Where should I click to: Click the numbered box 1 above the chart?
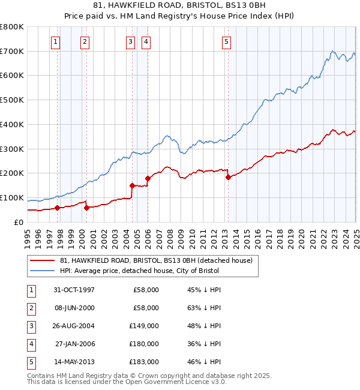click(x=55, y=41)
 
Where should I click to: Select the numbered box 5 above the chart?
click(x=226, y=41)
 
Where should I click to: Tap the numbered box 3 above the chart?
click(x=130, y=41)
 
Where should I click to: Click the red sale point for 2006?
click(x=148, y=178)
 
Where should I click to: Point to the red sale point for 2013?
click(x=227, y=177)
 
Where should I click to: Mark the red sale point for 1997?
click(x=58, y=208)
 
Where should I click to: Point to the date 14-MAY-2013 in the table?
click(x=74, y=362)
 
